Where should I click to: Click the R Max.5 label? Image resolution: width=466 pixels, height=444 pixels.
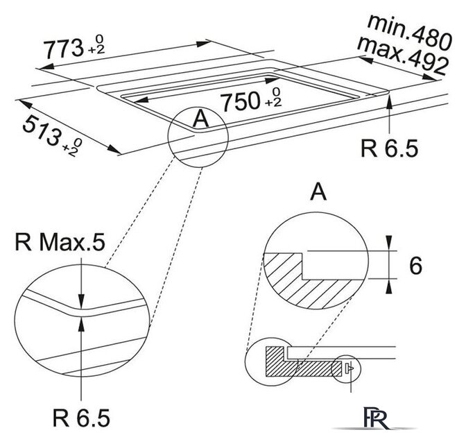click(62, 244)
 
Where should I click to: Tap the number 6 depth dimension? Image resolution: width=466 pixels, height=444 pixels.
click(415, 265)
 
